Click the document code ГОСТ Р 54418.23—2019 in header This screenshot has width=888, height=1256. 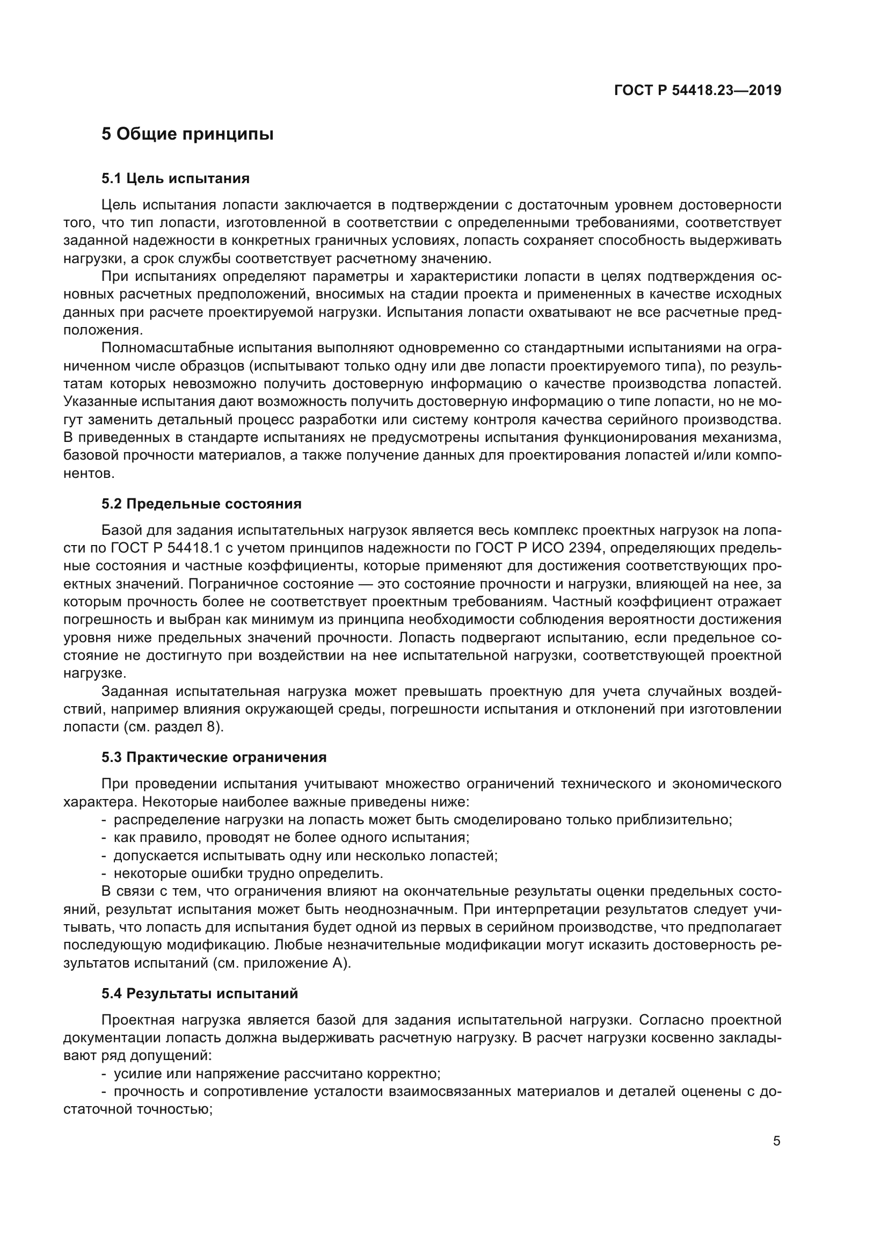[698, 91]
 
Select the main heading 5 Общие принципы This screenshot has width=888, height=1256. [187, 134]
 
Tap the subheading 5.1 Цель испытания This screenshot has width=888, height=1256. [175, 178]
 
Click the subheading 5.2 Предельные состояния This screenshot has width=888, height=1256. [201, 504]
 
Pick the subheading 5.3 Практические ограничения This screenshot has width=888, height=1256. [214, 757]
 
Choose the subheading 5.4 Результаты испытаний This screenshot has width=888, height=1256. [200, 993]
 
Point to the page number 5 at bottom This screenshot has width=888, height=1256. [776, 1141]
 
